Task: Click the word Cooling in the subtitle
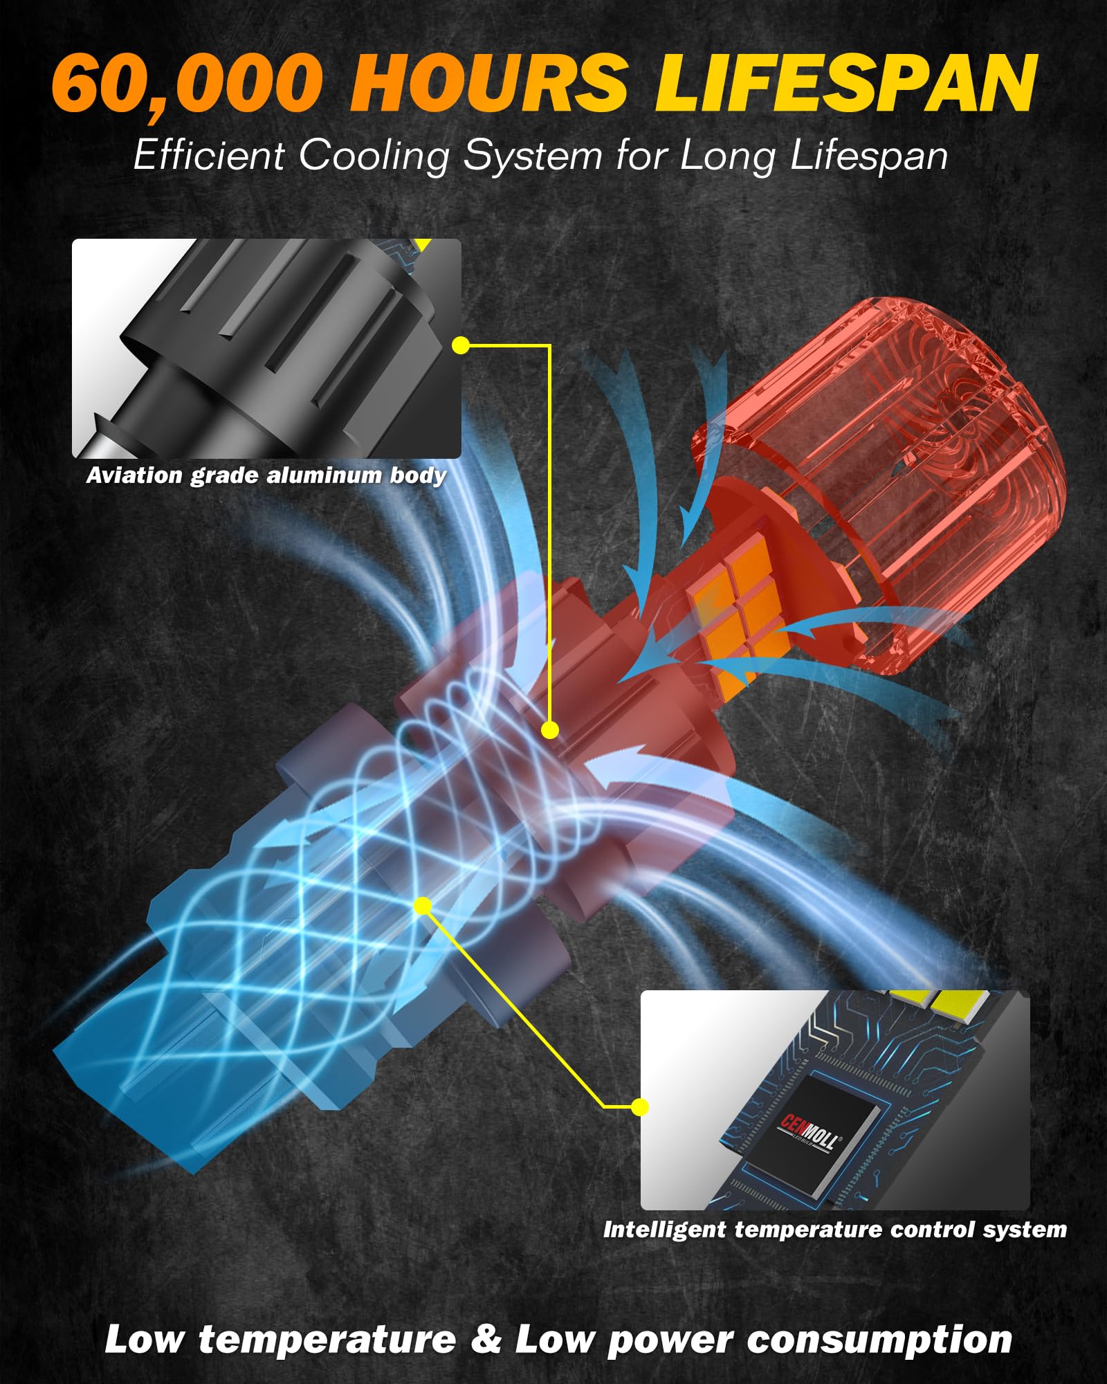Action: click(374, 155)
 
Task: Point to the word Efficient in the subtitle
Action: click(208, 154)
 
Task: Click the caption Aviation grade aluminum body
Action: click(266, 475)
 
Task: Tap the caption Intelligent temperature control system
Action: click(835, 1230)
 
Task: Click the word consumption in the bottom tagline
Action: click(879, 1341)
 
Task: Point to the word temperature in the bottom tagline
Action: click(327, 1340)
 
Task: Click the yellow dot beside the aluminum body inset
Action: click(461, 345)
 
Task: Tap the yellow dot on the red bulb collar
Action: click(550, 729)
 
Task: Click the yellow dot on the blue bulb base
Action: click(423, 906)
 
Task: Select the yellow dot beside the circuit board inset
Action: click(640, 1107)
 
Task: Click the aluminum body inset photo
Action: click(266, 348)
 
